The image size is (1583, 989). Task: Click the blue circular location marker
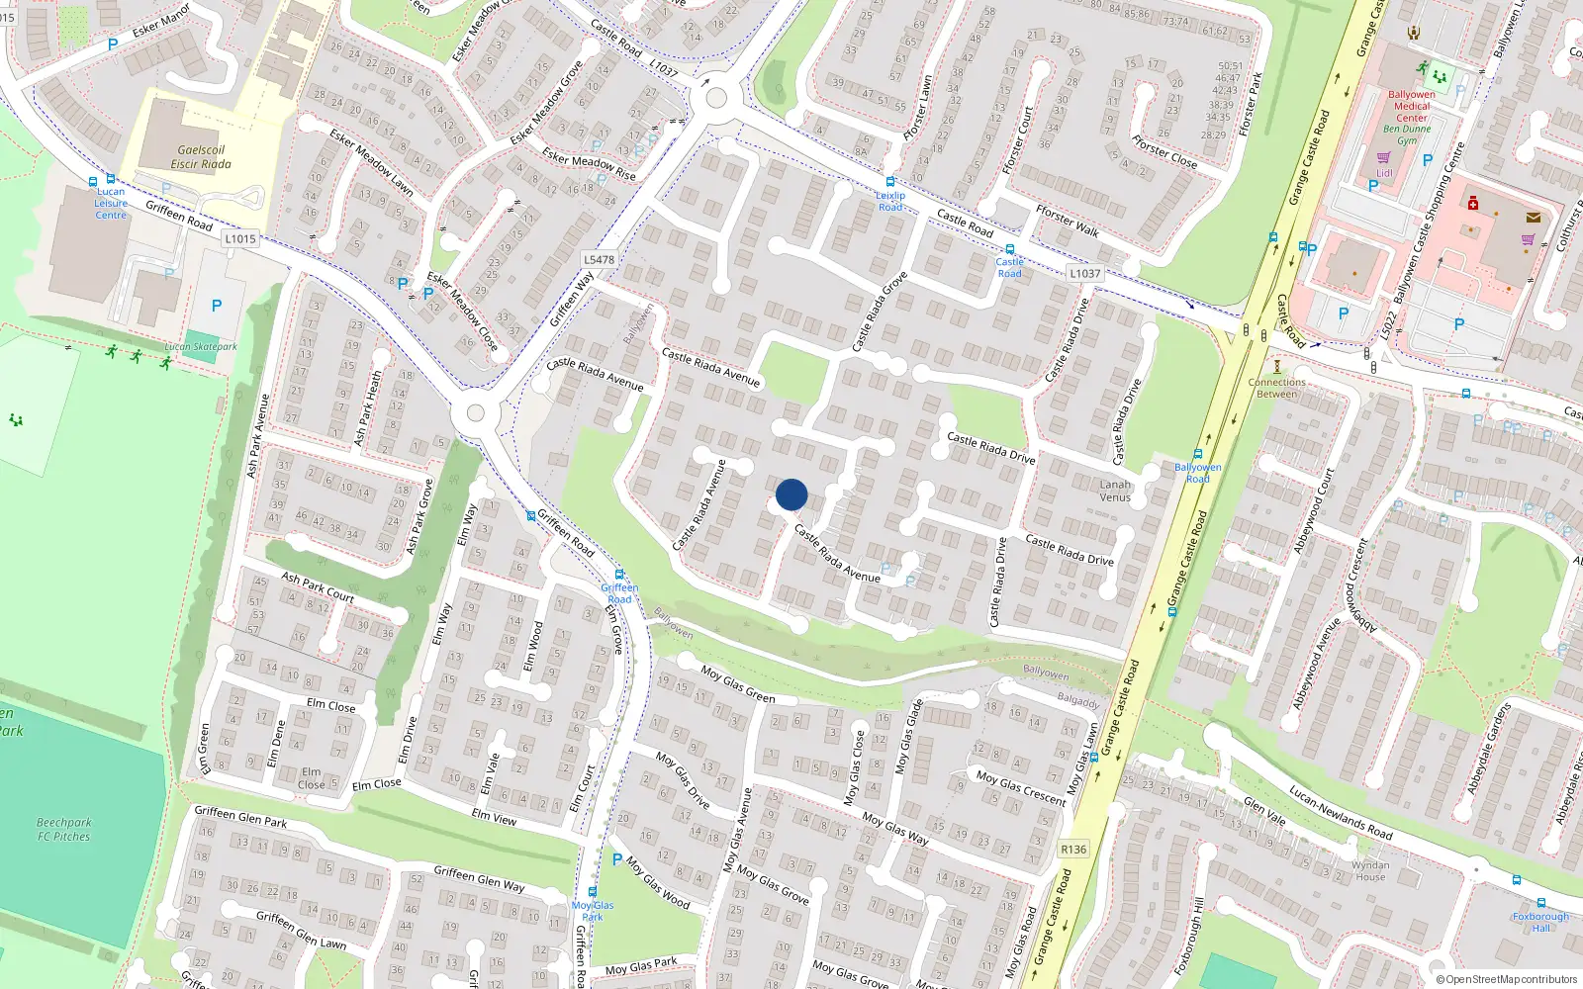[791, 494]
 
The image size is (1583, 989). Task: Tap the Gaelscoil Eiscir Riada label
[201, 157]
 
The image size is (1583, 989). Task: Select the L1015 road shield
[240, 238]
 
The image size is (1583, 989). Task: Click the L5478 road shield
[599, 259]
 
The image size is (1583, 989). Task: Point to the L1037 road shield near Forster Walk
[1084, 273]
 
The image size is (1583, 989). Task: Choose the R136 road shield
[1073, 849]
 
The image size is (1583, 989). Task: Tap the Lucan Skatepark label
[201, 347]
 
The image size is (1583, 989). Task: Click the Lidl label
[1384, 173]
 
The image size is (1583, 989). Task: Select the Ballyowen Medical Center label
[1412, 106]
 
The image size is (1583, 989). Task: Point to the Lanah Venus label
[1115, 491]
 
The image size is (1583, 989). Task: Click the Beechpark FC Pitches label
[64, 829]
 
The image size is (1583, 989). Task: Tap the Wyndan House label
[1370, 870]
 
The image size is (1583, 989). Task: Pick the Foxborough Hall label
[1540, 922]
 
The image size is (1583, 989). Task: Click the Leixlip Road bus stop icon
[890, 182]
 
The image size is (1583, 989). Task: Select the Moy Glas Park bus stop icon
[593, 891]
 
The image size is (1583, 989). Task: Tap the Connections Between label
[1276, 388]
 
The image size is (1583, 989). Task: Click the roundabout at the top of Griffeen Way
[716, 99]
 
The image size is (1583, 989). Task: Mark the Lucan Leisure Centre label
[111, 203]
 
